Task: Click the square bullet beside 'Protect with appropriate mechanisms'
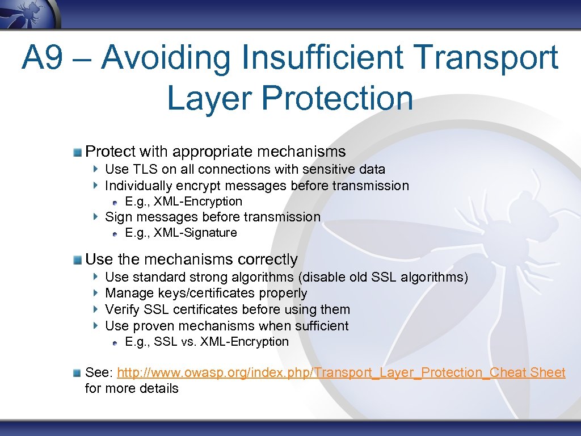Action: [x=77, y=152]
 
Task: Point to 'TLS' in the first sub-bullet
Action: [x=145, y=169]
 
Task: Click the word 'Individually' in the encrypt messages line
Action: [x=138, y=186]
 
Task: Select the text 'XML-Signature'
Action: [x=195, y=233]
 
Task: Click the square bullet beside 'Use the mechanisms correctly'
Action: [x=77, y=259]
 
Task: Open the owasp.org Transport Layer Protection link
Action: [x=341, y=372]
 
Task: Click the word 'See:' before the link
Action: [x=99, y=372]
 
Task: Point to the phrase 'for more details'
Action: [x=132, y=389]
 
